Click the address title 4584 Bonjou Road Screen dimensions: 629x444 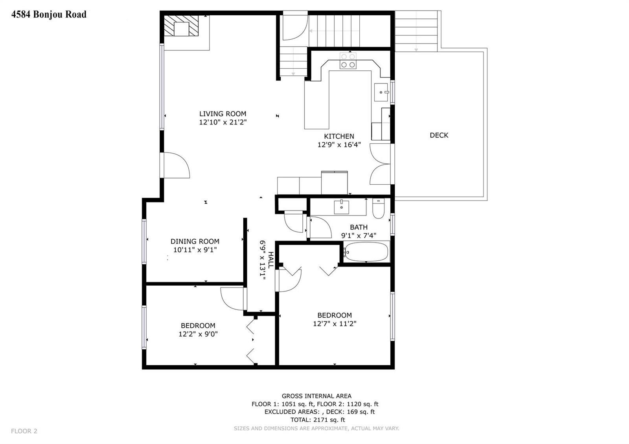point(49,14)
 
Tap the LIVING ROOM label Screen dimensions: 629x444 point(223,114)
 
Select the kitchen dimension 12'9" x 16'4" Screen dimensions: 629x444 point(339,145)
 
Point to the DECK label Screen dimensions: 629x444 point(439,135)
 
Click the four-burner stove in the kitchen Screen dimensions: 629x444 point(348,61)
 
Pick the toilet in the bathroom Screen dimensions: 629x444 point(378,209)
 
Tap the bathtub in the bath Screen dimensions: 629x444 point(366,252)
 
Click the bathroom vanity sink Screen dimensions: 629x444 point(342,207)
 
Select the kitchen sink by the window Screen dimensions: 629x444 point(381,92)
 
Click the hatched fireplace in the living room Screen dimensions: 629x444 point(181,26)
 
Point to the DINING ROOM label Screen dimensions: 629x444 point(195,241)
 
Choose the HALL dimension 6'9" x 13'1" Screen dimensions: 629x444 point(263,260)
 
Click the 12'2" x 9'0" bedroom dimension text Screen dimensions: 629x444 point(198,334)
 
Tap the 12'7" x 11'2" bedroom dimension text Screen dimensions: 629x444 point(335,324)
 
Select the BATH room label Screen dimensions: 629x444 point(359,227)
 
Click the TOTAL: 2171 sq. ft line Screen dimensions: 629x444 point(318,420)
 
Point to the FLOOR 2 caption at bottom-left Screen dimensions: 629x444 point(24,431)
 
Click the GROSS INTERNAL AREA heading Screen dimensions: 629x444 point(316,396)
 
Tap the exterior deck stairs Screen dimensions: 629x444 point(416,31)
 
